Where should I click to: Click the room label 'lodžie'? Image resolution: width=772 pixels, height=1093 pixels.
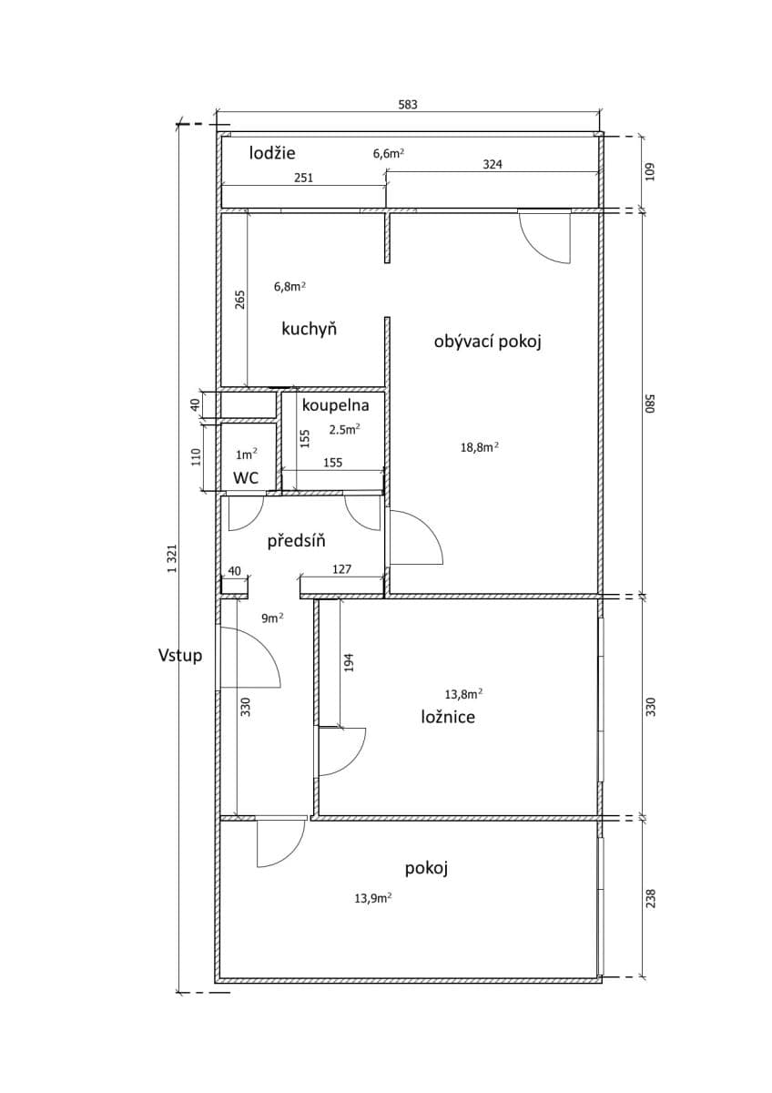point(273,153)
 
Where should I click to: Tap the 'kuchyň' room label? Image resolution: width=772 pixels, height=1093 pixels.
point(310,329)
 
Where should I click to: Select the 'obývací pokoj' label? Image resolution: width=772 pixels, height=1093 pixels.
point(488,342)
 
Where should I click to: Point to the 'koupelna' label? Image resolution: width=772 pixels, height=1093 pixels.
point(335,406)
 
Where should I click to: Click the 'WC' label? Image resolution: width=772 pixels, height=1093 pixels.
point(246,477)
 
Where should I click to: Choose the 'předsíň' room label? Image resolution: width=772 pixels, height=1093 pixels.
point(297,542)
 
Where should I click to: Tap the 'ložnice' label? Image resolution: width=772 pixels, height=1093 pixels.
point(448,717)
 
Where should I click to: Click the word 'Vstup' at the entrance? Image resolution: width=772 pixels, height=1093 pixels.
point(180,655)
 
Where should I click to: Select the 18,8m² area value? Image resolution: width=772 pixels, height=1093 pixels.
point(481,447)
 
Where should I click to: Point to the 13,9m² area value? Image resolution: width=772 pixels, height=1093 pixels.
point(373,897)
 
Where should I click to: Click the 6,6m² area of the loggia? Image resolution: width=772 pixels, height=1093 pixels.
point(388,154)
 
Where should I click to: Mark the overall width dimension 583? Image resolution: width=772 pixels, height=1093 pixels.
point(408,105)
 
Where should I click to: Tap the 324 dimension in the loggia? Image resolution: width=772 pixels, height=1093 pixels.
point(493,165)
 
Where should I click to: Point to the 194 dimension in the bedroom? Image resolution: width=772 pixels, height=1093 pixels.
point(349,663)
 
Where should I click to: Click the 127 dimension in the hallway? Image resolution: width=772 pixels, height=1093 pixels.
point(342,570)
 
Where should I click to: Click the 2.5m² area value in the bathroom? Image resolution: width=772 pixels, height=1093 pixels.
point(344,428)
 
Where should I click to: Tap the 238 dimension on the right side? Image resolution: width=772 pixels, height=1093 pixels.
point(650,898)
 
